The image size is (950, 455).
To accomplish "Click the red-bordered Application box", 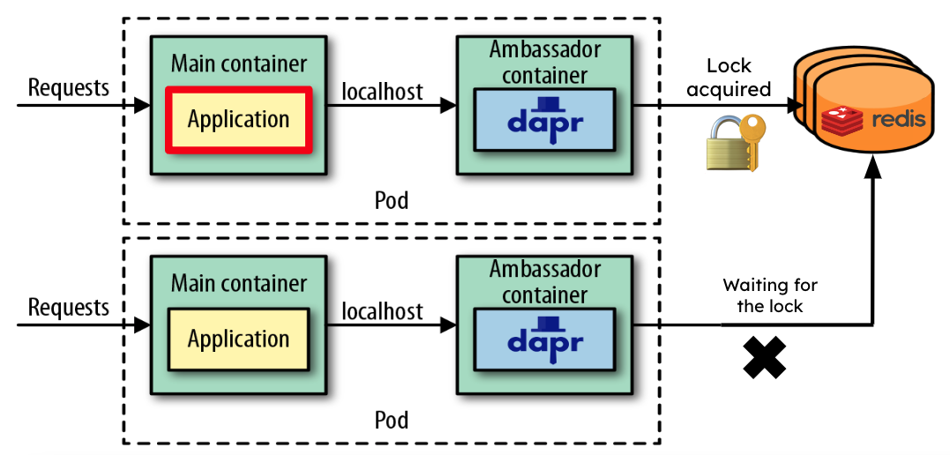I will pyautogui.click(x=238, y=119).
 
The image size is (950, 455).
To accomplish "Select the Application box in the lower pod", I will pyautogui.click(x=238, y=339).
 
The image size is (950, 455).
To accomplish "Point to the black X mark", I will pyautogui.click(x=764, y=356).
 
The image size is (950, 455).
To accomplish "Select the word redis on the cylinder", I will pyautogui.click(x=899, y=119).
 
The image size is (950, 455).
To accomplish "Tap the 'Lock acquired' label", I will pyautogui.click(x=729, y=77).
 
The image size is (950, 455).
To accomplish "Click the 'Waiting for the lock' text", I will pyautogui.click(x=770, y=295).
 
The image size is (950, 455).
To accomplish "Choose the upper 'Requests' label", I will pyautogui.click(x=69, y=87).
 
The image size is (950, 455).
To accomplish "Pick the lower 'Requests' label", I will pyautogui.click(x=69, y=307).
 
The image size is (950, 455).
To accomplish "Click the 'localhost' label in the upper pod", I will pyautogui.click(x=382, y=91).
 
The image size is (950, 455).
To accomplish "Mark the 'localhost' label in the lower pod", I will pyautogui.click(x=382, y=310).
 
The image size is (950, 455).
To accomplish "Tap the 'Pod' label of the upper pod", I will pyautogui.click(x=392, y=200).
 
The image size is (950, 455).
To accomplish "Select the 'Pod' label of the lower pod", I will pyautogui.click(x=392, y=419).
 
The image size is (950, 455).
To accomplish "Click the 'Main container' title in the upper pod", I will pyautogui.click(x=239, y=63).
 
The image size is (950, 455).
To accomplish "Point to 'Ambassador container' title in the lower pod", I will pyautogui.click(x=545, y=281).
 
